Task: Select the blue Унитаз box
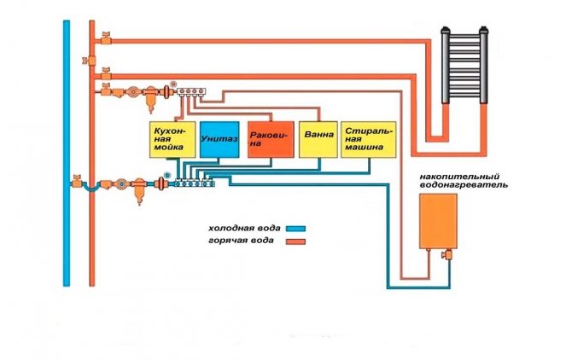[219, 139]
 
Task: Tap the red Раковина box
[270, 139]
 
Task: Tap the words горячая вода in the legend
[241, 242]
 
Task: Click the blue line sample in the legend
[296, 229]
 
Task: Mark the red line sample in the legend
[296, 243]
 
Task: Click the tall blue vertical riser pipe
[67, 154]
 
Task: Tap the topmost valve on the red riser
[103, 37]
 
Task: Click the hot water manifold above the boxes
[191, 90]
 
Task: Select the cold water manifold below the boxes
[191, 181]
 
